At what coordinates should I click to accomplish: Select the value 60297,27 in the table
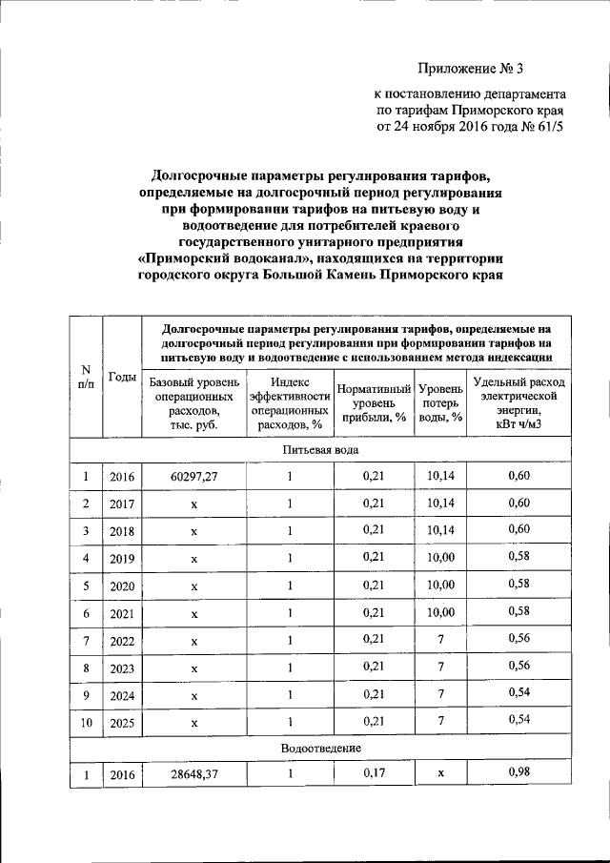point(194,476)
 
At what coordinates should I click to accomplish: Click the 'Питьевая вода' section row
point(320,449)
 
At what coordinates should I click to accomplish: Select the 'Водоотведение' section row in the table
point(320,749)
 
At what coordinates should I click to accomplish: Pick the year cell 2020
point(122,585)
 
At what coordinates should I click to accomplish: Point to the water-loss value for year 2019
point(440,557)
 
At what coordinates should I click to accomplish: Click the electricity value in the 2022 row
point(518,638)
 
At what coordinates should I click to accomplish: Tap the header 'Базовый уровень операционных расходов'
point(193,403)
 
